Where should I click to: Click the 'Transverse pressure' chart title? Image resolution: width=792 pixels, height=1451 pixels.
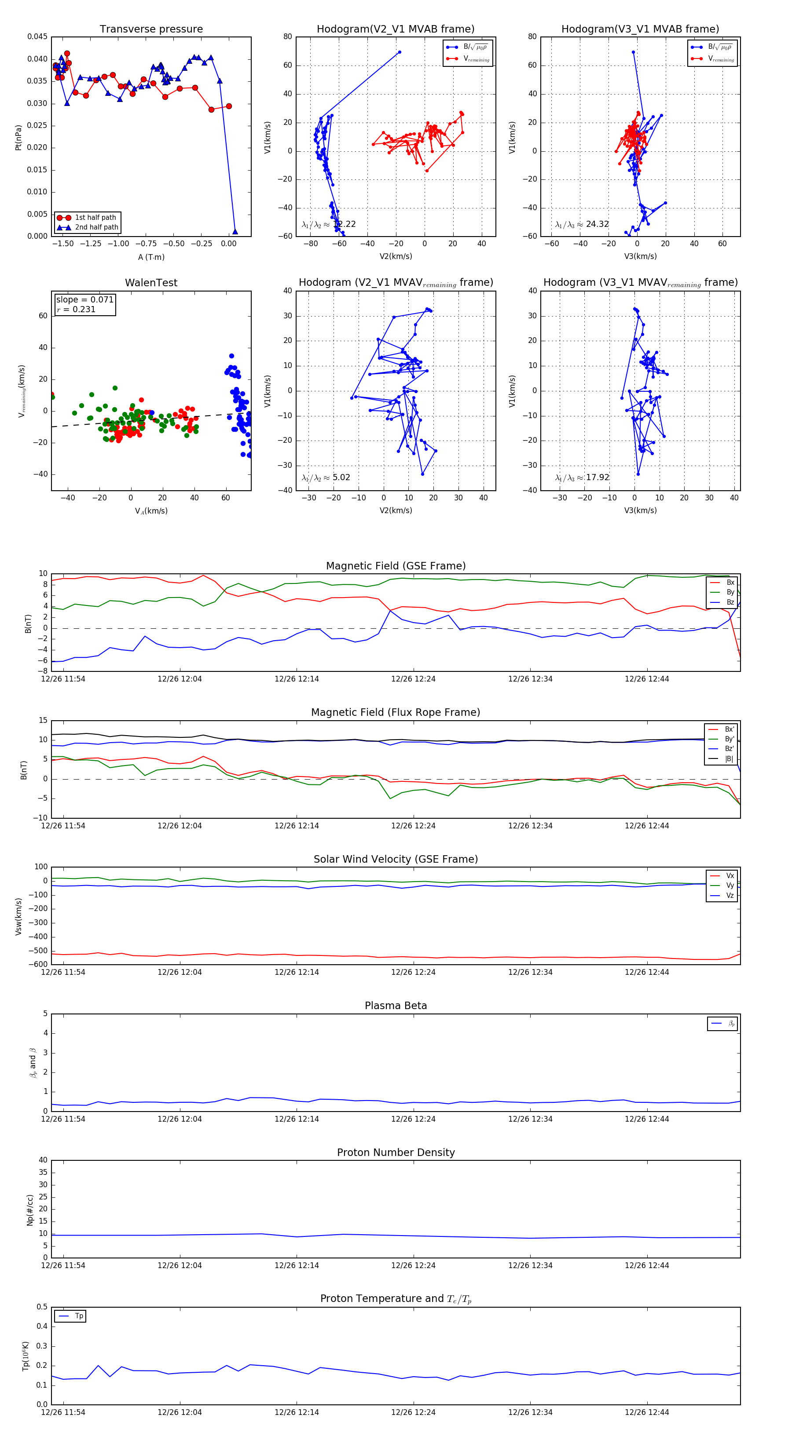click(x=151, y=29)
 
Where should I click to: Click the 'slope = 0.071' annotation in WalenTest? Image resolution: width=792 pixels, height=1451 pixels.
click(x=84, y=300)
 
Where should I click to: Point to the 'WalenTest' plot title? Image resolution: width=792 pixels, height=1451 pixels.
click(x=151, y=283)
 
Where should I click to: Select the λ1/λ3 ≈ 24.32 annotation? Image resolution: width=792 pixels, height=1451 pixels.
click(x=582, y=224)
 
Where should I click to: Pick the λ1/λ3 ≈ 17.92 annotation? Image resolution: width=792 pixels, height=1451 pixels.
click(x=582, y=478)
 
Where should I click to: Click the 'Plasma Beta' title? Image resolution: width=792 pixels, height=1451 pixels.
click(x=396, y=1006)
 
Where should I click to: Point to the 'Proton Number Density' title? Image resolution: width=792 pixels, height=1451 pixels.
click(x=396, y=1152)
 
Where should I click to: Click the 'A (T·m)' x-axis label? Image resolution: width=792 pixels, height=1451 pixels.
click(x=151, y=257)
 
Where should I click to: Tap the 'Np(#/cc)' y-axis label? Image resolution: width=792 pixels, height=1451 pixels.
click(x=30, y=1210)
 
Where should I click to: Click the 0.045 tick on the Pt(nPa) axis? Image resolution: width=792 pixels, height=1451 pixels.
click(x=38, y=36)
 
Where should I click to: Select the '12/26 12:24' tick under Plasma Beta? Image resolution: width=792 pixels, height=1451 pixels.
click(x=413, y=1119)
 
